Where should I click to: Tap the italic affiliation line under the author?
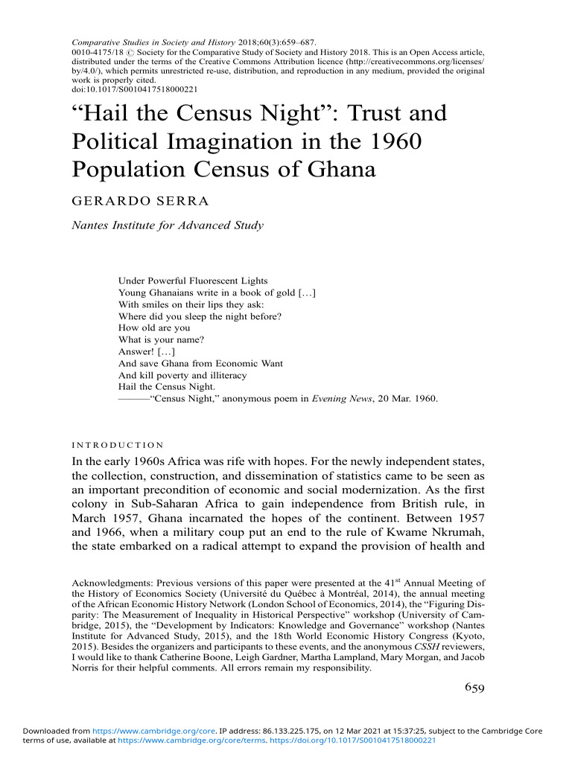pos(168,225)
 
